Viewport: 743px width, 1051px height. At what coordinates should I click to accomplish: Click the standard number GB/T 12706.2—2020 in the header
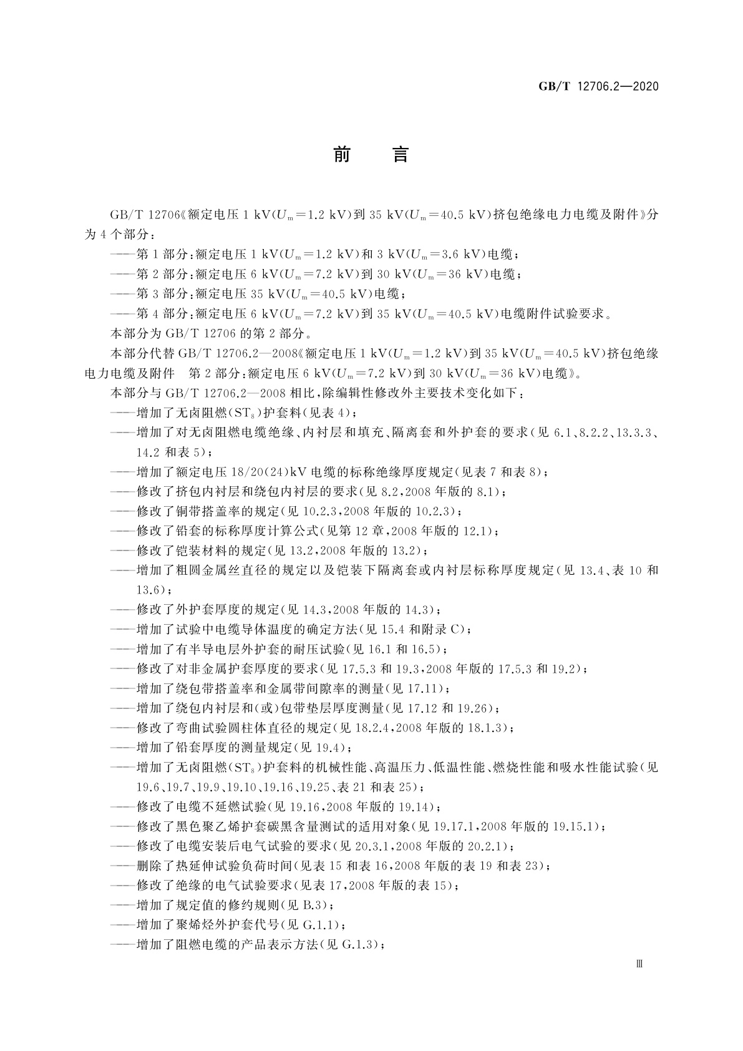tap(598, 86)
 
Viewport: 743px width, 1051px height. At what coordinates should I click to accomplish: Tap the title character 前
tap(342, 154)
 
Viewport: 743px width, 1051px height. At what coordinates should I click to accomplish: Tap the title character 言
tap(400, 154)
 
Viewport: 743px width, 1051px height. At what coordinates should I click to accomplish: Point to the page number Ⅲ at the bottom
tap(638, 964)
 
